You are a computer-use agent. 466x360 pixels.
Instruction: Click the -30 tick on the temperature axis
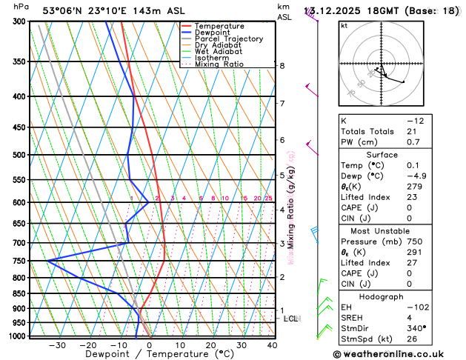(x=57, y=345)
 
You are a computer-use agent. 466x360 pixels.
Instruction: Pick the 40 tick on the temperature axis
(x=272, y=345)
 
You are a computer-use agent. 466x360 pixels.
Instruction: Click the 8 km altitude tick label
(x=282, y=66)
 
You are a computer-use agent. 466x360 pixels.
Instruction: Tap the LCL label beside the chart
(x=291, y=319)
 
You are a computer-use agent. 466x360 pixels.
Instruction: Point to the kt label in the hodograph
(x=344, y=26)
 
